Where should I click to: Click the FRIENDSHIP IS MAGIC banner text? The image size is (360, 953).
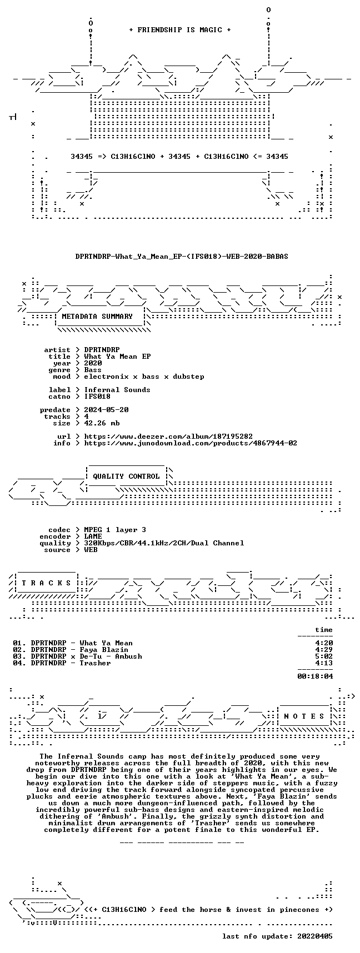pyautogui.click(x=179, y=30)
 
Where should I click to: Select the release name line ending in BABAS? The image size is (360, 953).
pyautogui.click(x=182, y=257)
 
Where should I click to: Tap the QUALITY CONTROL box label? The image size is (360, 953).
pyautogui.click(x=126, y=476)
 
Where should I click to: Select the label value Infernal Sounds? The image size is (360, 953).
pyautogui.click(x=117, y=390)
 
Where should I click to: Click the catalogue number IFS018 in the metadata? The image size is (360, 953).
pyautogui.click(x=97, y=397)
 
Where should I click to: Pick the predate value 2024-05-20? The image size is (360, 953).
pyautogui.click(x=106, y=410)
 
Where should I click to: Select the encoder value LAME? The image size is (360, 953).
pyautogui.click(x=93, y=536)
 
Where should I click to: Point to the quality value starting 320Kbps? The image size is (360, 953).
pyautogui.click(x=164, y=543)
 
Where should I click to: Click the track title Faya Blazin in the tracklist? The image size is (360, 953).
pyautogui.click(x=104, y=650)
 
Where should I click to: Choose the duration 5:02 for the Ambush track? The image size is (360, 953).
pyautogui.click(x=324, y=656)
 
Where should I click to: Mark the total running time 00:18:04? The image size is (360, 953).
pyautogui.click(x=315, y=676)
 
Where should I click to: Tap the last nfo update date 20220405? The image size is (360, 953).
pyautogui.click(x=315, y=936)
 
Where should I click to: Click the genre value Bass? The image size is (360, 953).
pyautogui.click(x=93, y=370)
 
